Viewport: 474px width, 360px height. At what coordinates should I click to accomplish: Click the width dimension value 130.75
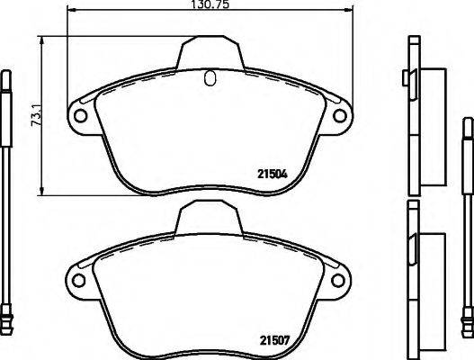(210, 5)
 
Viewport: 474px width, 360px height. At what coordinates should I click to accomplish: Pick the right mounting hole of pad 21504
(341, 116)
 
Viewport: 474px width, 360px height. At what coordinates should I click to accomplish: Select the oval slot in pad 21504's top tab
(210, 78)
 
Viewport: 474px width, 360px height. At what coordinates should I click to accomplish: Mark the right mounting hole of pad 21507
(341, 279)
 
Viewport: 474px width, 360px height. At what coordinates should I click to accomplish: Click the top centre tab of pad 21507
(210, 216)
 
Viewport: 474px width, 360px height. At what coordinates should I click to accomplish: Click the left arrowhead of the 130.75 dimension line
(73, 13)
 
